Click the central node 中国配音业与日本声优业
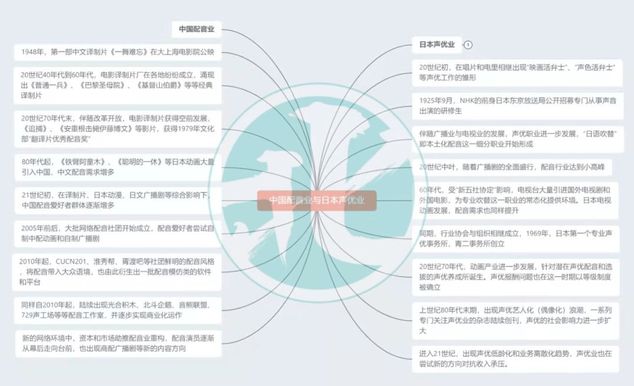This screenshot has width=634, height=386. point(316,200)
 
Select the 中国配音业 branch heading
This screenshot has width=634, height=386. point(197,29)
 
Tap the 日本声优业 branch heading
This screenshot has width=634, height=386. point(437,45)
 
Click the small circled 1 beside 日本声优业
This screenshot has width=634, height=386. point(468,45)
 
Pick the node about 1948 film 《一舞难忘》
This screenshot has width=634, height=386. point(117,52)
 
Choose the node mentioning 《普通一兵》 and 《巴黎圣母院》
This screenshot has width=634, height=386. point(117,85)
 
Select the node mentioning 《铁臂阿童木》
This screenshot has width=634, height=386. point(117,167)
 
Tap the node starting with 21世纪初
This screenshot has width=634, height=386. point(117,199)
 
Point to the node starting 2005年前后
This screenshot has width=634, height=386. point(117,233)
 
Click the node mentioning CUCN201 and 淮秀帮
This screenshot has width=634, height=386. point(117,272)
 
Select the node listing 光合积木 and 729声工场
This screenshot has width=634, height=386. point(117,310)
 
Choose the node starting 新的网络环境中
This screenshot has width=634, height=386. point(117,343)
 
